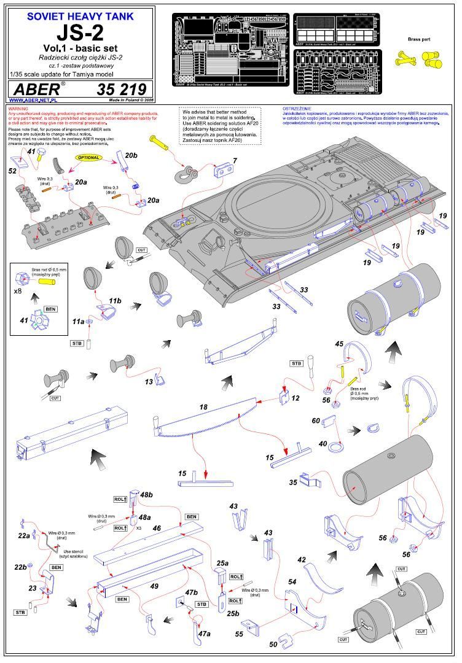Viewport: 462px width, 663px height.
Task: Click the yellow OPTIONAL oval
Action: tap(90, 158)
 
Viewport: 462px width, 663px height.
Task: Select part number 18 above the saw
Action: tap(204, 406)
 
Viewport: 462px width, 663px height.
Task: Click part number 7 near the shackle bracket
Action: tap(234, 161)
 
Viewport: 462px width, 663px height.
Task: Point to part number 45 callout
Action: tap(339, 344)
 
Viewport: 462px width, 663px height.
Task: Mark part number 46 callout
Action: tap(157, 527)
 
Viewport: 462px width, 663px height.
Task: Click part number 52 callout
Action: tap(12, 171)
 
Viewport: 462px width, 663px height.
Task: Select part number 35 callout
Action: tap(292, 483)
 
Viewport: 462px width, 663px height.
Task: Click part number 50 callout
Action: tap(273, 644)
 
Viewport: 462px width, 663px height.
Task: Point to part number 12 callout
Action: tap(296, 398)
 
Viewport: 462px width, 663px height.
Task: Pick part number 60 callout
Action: tap(316, 421)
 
